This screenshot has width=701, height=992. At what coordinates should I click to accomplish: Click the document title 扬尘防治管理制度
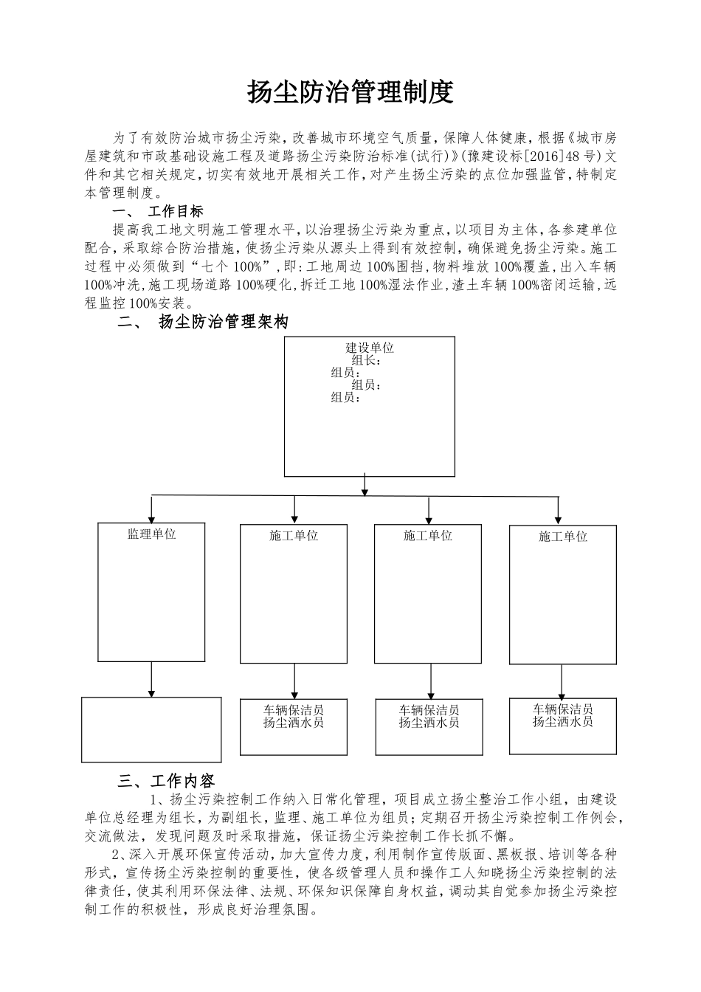[349, 92]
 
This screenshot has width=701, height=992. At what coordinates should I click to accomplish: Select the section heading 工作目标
[176, 212]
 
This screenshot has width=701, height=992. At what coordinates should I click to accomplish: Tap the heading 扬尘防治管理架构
[224, 322]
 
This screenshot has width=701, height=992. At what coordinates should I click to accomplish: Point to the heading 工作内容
[182, 781]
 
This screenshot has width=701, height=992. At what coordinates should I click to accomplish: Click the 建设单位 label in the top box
[370, 348]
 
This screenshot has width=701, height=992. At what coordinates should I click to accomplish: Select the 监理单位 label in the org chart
[152, 534]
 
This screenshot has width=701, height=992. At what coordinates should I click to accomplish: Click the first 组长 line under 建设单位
[366, 360]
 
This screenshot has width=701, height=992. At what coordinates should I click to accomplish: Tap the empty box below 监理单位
[151, 729]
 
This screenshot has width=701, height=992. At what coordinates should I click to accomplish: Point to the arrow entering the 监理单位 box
[152, 511]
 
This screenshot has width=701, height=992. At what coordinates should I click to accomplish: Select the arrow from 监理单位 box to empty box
[152, 679]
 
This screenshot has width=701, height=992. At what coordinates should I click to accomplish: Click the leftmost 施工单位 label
[294, 536]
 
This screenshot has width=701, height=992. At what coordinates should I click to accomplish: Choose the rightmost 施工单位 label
[563, 537]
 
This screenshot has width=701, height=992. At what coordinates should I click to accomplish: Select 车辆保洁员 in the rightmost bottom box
[563, 709]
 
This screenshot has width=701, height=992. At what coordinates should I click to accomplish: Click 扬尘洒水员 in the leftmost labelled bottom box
[294, 723]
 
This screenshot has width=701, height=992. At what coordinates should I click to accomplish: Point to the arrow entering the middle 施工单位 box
[429, 511]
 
